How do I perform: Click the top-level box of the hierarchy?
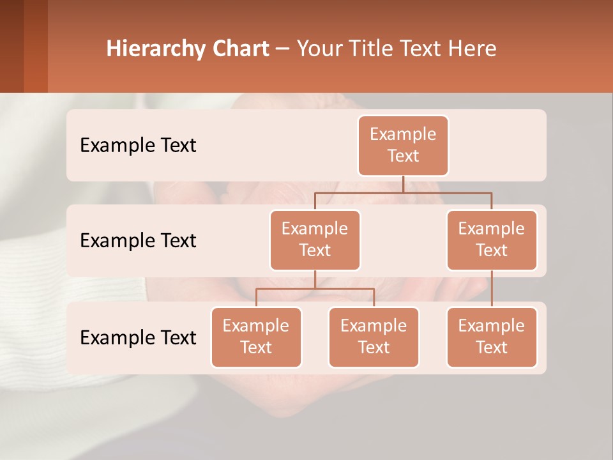click(x=403, y=145)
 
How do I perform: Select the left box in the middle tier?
click(x=315, y=240)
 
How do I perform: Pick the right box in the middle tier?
click(x=492, y=240)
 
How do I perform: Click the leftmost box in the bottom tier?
click(x=256, y=337)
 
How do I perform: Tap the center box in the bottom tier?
click(x=374, y=337)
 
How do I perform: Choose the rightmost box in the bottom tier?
click(x=492, y=337)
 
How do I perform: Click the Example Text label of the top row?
click(x=138, y=145)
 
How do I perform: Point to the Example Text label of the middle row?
click(x=138, y=240)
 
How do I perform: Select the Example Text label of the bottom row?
click(x=138, y=337)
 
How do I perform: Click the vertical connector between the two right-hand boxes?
click(x=492, y=289)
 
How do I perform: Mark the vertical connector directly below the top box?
click(x=403, y=184)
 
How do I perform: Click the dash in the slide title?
click(x=283, y=49)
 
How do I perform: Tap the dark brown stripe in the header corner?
click(x=11, y=46)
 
